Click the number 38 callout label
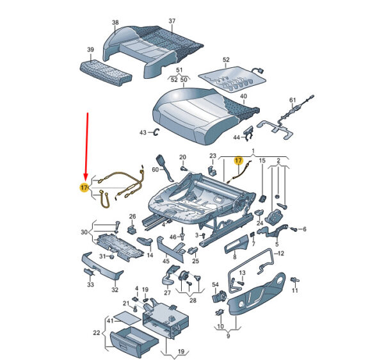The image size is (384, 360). tap(115, 22)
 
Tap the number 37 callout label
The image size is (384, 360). tap(172, 21)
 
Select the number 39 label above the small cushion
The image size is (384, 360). tap(90, 49)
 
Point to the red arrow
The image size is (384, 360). tap(86, 147)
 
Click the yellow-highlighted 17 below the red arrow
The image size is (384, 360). tap(84, 188)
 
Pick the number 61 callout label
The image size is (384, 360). tap(292, 100)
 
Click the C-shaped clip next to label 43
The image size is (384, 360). tap(156, 132)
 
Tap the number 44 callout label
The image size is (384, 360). tap(236, 138)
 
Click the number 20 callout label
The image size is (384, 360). tap(182, 157)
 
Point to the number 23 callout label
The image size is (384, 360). tap(213, 156)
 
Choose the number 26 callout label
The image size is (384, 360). tap(132, 217)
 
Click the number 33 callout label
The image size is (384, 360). tap(91, 284)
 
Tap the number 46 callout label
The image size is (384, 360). tap(173, 237)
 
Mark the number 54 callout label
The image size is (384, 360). tap(215, 284)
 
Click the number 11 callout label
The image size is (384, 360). tap(295, 290)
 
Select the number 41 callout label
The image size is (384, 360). tap(111, 320)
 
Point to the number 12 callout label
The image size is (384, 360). tap(281, 254)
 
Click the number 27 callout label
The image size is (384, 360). tap(167, 293)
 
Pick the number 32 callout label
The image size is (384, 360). tap(115, 290)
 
